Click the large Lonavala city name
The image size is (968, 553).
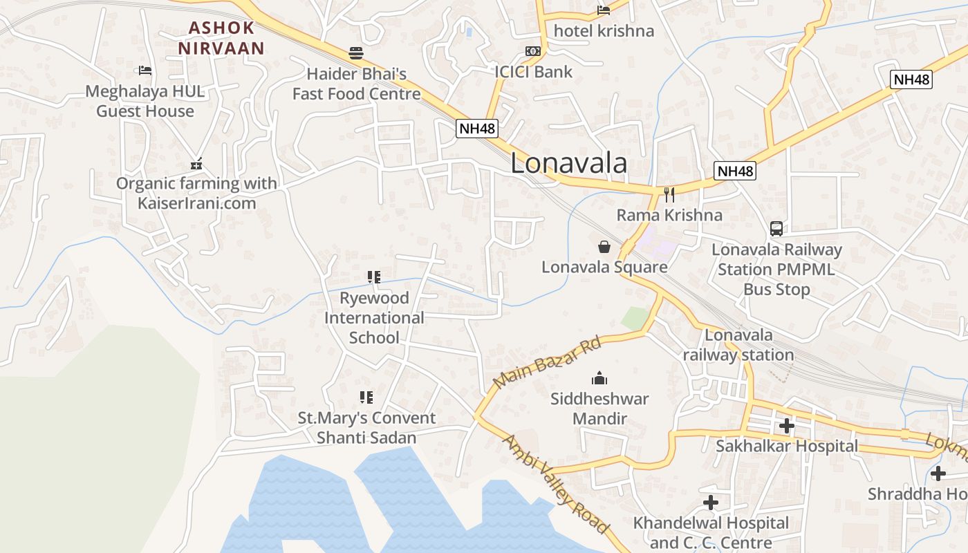coord(569,164)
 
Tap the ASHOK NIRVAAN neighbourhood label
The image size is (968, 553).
coord(221,38)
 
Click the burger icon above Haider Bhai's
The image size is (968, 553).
coord(356,53)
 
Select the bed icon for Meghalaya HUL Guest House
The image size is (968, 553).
coord(145,71)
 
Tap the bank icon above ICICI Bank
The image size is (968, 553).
coord(533,51)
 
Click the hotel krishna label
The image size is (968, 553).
coord(604,31)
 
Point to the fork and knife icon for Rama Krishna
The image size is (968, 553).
coord(669,195)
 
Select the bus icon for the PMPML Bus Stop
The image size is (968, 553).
coord(776,229)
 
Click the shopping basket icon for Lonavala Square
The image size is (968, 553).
coord(604,247)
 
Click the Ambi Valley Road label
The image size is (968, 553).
coord(556,484)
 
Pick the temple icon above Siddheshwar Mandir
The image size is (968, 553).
coord(599,378)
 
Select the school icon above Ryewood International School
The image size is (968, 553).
coord(374,277)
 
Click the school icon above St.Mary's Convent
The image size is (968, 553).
coord(366,397)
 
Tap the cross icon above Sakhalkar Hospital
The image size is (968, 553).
coord(786,426)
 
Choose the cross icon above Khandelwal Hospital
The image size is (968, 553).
coord(710,503)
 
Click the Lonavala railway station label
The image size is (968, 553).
coord(738,345)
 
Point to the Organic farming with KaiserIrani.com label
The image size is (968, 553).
coord(196,193)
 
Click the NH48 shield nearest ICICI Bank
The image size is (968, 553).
coord(477,129)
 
